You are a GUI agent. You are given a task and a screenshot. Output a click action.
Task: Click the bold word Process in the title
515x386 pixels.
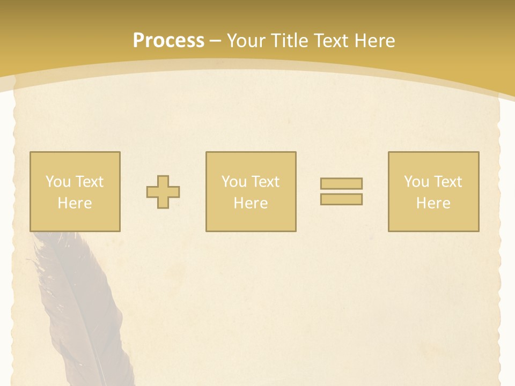168,41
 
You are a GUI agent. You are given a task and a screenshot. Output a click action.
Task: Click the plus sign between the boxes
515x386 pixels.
163,192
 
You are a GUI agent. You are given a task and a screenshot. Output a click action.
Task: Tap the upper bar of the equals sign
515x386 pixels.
341,183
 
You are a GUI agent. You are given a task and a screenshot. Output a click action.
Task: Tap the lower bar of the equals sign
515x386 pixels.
341,199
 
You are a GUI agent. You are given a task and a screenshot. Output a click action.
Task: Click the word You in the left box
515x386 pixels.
58,182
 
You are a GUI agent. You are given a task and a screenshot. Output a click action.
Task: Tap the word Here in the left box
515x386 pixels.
75,203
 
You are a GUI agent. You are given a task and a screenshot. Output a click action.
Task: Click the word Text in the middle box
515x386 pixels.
266,182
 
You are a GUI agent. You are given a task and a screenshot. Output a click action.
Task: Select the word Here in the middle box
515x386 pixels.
251,203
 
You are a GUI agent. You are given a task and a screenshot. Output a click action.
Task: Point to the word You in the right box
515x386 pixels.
416,182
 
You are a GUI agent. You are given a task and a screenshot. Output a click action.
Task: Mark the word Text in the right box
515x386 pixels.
448,182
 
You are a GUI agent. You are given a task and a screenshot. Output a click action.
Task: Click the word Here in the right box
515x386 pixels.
433,203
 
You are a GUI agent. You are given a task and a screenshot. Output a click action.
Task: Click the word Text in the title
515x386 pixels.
328,41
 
